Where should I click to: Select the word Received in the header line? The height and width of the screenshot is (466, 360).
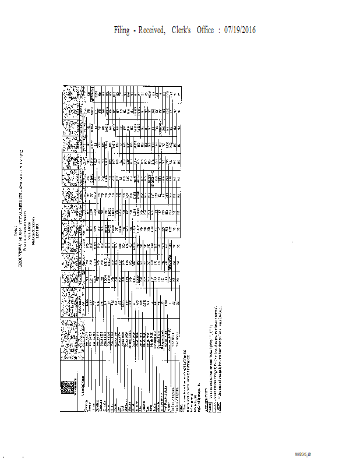coord(157,30)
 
